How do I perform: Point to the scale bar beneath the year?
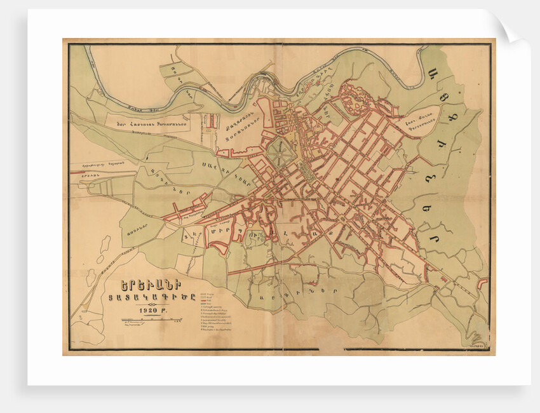(x=148, y=322)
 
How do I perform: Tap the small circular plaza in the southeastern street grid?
(x=343, y=218)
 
